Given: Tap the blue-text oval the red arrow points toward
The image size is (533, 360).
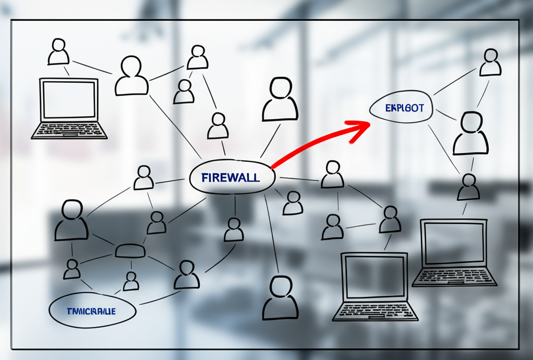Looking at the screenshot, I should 401,109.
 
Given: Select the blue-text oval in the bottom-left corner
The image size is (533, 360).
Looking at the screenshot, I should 92,311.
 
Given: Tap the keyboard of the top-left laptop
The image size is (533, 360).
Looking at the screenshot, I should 69,131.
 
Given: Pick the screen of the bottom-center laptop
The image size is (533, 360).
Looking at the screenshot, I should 375,277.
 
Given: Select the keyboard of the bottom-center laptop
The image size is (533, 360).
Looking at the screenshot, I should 375,311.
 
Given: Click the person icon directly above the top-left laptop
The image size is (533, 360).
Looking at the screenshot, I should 58,52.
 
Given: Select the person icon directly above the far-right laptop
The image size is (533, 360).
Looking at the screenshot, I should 468,188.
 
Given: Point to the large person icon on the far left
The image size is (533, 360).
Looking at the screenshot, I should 71,221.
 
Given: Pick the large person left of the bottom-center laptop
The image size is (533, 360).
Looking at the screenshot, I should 281,298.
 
